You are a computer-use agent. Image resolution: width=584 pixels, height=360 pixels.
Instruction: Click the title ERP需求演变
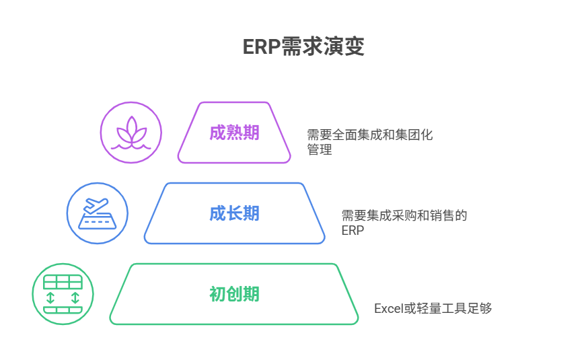click(x=303, y=47)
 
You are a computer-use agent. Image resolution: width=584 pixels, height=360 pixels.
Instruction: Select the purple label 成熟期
click(x=234, y=133)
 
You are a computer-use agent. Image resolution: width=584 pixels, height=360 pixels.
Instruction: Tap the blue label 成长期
click(x=234, y=214)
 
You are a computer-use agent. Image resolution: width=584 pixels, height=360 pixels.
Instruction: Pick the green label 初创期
click(x=234, y=294)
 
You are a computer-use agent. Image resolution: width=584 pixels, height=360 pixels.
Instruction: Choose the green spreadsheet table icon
click(x=63, y=294)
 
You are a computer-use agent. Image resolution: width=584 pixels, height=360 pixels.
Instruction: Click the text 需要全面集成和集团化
click(x=369, y=135)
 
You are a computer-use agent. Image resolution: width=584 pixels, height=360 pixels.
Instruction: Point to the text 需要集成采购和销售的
click(x=404, y=216)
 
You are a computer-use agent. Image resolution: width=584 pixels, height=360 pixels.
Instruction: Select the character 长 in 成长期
click(x=234, y=214)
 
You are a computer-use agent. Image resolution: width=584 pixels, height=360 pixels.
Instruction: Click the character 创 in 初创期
click(x=234, y=294)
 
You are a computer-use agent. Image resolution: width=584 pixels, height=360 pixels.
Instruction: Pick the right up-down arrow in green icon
click(x=75, y=297)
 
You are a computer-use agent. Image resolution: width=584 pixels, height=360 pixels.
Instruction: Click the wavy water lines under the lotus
click(x=131, y=144)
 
